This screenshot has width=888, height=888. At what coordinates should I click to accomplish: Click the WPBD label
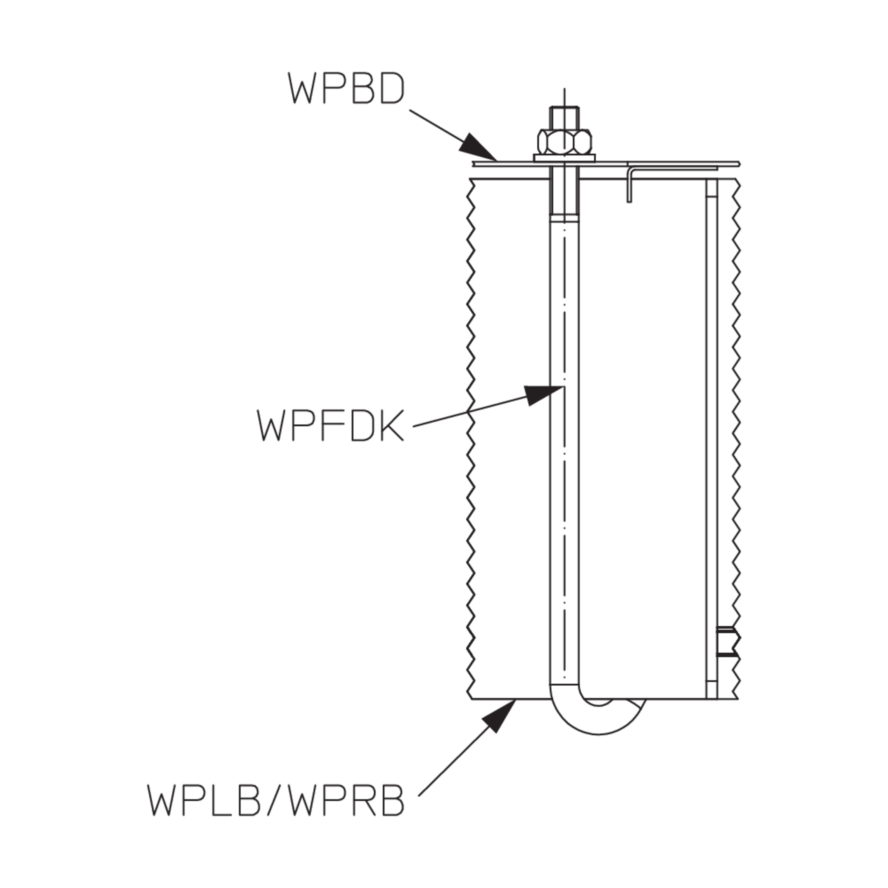(346, 88)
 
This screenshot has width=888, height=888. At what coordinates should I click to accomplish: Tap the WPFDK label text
(331, 425)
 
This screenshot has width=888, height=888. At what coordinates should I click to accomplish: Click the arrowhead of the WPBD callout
(478, 147)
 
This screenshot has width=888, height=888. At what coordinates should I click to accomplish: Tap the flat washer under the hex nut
(564, 157)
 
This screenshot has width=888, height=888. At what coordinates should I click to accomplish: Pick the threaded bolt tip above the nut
(564, 118)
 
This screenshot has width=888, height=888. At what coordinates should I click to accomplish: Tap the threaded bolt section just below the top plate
(564, 196)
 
